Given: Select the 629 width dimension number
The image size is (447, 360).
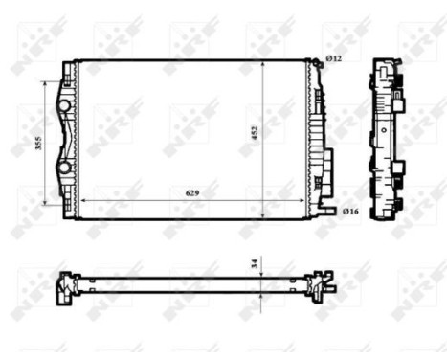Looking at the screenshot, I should (192, 193).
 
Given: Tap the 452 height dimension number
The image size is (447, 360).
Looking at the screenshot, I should (255, 134).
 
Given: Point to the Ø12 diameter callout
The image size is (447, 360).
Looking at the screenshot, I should (333, 59).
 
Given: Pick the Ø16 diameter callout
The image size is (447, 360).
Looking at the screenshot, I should (351, 210).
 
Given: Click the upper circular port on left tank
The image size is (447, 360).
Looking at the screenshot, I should (65, 103).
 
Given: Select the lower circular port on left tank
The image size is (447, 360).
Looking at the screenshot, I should (65, 169).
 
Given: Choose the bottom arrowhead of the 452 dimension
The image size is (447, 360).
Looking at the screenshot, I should (262, 214).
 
